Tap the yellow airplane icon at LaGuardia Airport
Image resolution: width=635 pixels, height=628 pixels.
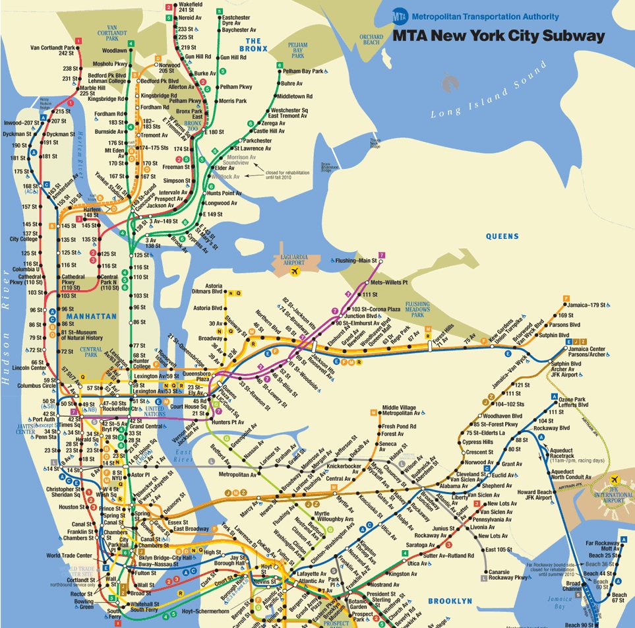(x=295, y=270)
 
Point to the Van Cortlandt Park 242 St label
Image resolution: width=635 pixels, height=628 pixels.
(x=53, y=50)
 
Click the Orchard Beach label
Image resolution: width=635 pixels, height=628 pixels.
(x=371, y=40)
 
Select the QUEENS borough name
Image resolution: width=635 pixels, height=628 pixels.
(x=502, y=236)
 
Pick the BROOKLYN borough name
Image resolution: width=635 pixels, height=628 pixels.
(x=450, y=600)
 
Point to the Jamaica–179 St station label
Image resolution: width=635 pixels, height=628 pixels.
(x=590, y=305)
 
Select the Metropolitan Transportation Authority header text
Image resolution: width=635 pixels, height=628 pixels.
(x=485, y=16)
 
